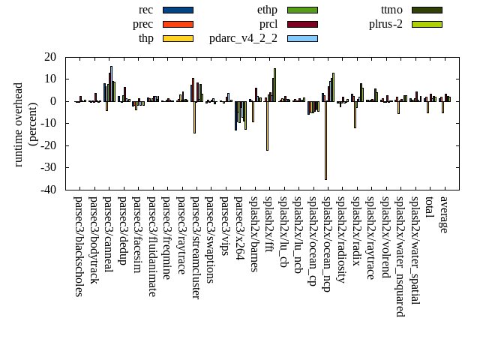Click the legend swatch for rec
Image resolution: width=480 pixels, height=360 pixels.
(x=178, y=10)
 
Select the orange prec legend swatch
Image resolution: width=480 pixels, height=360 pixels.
(x=178, y=24)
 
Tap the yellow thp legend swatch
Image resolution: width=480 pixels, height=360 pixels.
(x=178, y=38)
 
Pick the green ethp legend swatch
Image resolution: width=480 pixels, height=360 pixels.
(x=302, y=10)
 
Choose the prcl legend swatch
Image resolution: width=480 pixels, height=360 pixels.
(x=302, y=24)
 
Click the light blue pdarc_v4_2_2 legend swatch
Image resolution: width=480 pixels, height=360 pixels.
(x=302, y=38)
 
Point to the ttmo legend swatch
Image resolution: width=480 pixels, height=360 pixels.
(x=427, y=10)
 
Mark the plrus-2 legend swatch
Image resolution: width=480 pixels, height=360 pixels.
(x=427, y=24)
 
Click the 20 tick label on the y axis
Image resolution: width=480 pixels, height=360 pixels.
(x=51, y=57)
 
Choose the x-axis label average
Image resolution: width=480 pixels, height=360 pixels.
(x=444, y=214)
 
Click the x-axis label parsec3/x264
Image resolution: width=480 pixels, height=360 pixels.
(x=239, y=228)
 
